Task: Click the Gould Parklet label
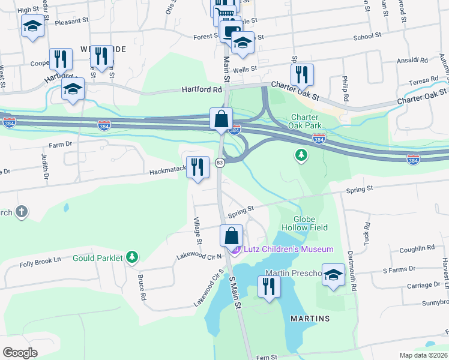[98, 259]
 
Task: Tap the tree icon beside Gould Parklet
[132, 258]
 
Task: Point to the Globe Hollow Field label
[310, 224]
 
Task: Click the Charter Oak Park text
[306, 121]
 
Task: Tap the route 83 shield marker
[220, 163]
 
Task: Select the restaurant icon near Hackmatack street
[197, 167]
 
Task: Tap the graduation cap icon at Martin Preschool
[333, 275]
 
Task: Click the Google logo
[20, 353]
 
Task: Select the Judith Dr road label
[44, 167]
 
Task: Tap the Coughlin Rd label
[416, 248]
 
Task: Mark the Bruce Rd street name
[142, 287]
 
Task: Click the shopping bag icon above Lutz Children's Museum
[232, 236]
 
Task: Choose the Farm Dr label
[60, 145]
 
